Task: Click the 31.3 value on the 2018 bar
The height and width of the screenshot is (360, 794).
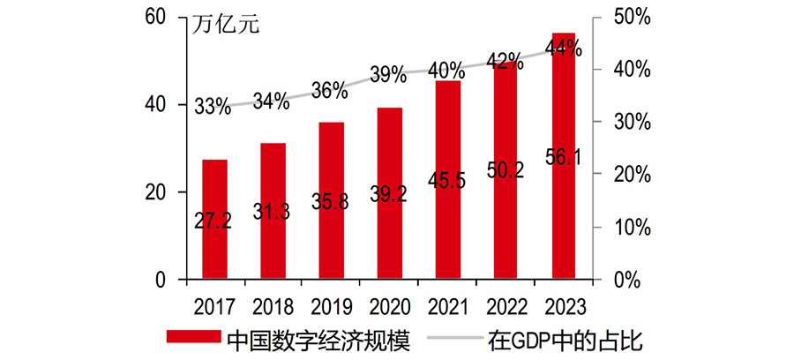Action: (273, 211)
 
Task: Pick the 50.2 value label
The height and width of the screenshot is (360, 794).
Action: (506, 169)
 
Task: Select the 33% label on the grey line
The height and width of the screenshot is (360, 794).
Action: (213, 108)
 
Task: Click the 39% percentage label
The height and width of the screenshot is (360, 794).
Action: (387, 76)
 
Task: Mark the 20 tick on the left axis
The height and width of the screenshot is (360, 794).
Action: (154, 192)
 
